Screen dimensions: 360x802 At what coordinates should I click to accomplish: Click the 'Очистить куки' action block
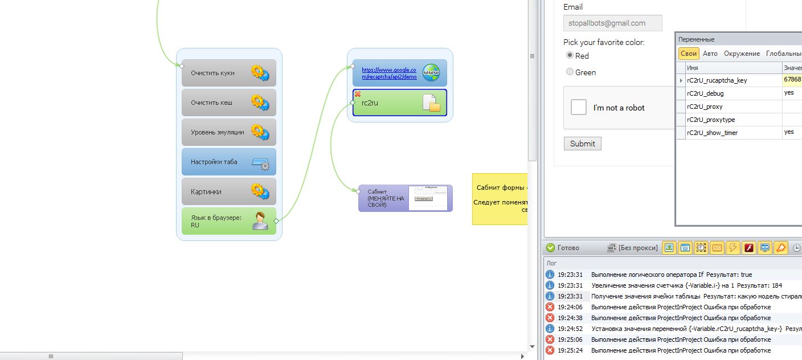coord(228,73)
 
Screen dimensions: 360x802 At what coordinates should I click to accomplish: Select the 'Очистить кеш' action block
coord(228,103)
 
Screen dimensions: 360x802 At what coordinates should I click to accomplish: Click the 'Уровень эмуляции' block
coord(228,132)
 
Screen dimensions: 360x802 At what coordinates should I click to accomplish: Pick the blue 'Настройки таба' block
coord(228,162)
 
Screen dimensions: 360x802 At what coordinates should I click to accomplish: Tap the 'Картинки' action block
coord(228,191)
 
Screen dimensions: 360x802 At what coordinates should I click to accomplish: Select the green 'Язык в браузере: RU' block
coord(228,221)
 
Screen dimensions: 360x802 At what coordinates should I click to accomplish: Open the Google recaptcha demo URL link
coord(389,73)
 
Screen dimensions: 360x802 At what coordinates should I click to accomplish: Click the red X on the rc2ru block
coord(358,94)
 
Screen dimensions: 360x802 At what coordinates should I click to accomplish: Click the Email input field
coord(612,23)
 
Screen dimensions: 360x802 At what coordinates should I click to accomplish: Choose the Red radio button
coord(570,55)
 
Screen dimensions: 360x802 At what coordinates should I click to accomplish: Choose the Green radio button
coord(570,72)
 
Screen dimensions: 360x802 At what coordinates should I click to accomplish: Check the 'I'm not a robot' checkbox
coord(579,107)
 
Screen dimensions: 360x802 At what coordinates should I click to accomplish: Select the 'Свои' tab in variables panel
coord(689,54)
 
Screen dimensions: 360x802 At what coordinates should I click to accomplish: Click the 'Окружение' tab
coord(742,54)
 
